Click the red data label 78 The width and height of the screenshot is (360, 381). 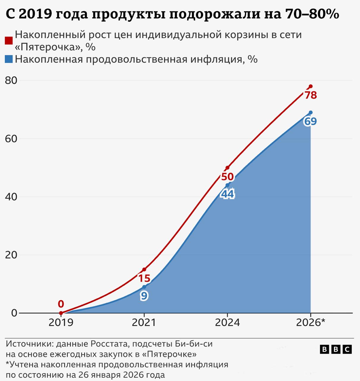pos(311,95)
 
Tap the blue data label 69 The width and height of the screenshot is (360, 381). pos(310,121)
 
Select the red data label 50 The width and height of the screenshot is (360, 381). pos(227,177)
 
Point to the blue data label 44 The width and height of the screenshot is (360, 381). pos(227,194)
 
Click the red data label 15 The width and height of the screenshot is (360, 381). pos(144,278)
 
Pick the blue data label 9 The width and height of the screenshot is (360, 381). pos(144,296)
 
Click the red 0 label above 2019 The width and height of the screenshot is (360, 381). pos(61,304)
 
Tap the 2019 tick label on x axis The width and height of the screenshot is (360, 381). pos(61,323)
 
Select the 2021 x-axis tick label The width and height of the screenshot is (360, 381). pos(144,323)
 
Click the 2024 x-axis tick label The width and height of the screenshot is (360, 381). pos(227,323)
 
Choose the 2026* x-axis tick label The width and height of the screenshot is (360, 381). pos(311,323)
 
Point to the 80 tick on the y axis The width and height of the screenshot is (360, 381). pos(11,80)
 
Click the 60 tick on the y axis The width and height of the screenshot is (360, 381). pos(11,139)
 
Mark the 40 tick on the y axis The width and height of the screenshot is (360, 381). pos(11,197)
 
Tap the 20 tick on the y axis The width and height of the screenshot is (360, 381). pos(11,255)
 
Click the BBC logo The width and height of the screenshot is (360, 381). pos(336,349)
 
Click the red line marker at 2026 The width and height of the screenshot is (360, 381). pos(311,86)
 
